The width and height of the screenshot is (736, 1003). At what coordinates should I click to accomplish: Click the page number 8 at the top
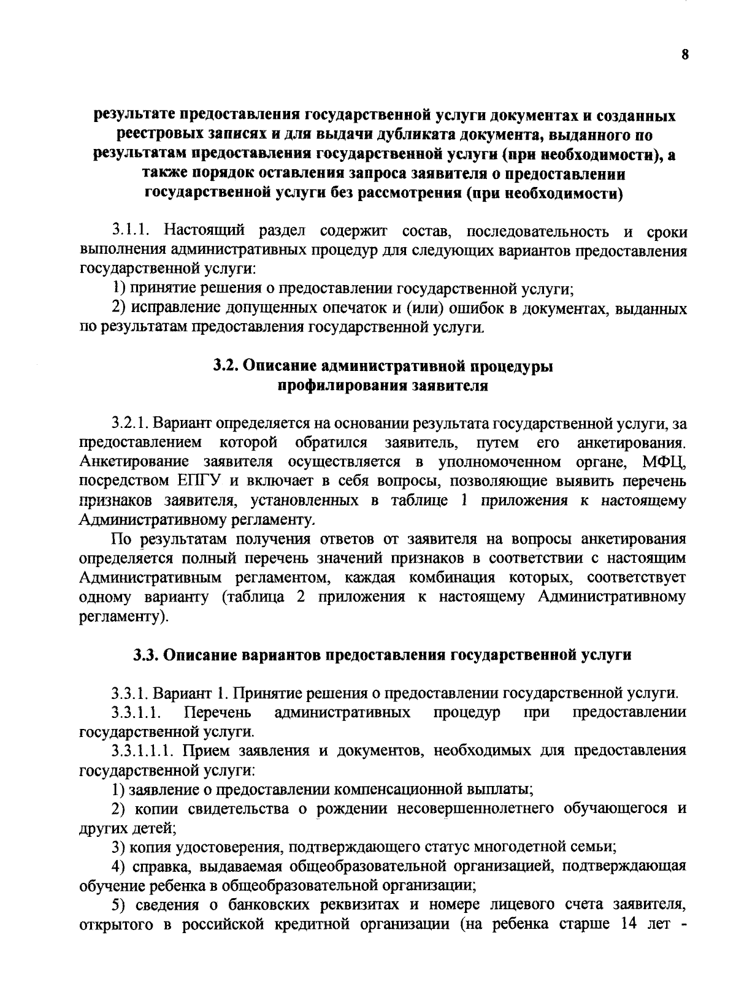pos(685,55)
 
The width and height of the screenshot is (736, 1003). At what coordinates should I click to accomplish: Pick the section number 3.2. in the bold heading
pos(226,366)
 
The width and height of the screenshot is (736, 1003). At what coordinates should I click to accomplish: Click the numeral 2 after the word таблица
pos(301,597)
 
